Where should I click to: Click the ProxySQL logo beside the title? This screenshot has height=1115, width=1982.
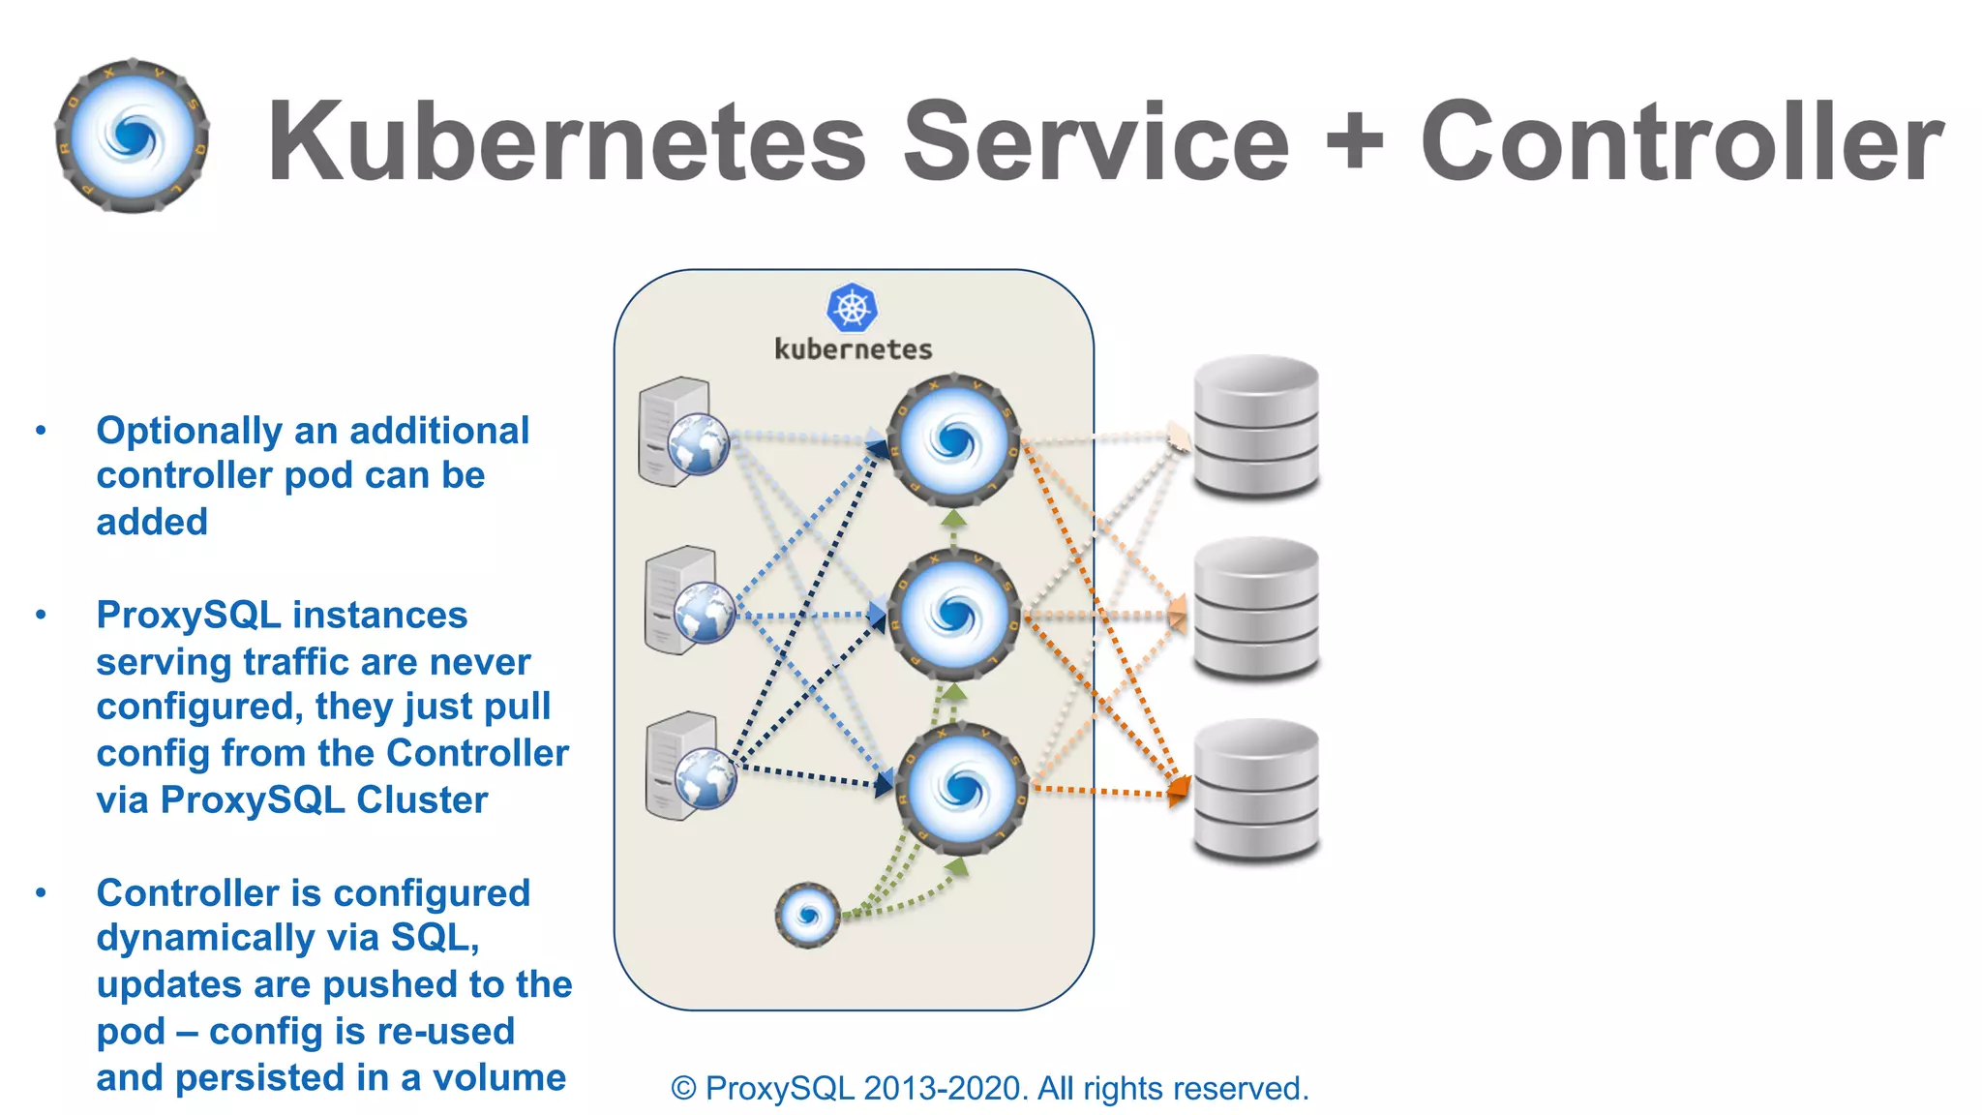coord(133,136)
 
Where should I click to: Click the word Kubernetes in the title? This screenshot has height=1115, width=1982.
coord(566,141)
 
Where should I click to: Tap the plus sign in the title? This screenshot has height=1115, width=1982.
coord(1355,142)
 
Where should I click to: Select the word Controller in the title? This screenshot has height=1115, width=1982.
coord(1682,141)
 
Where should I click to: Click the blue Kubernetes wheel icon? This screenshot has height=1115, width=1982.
coord(853,309)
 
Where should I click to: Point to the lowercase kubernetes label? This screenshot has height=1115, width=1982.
coord(853,349)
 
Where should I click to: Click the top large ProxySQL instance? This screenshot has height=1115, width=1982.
coord(954,441)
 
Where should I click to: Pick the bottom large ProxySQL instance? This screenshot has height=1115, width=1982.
coord(960,788)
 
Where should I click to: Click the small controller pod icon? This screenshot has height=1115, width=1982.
coord(807,915)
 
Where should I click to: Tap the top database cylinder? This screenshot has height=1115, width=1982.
coord(1256,426)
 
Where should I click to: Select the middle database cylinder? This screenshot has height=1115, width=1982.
coord(1256,608)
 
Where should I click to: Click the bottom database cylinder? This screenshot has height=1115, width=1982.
coord(1256,790)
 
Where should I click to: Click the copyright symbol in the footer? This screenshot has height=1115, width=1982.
coord(683,1089)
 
